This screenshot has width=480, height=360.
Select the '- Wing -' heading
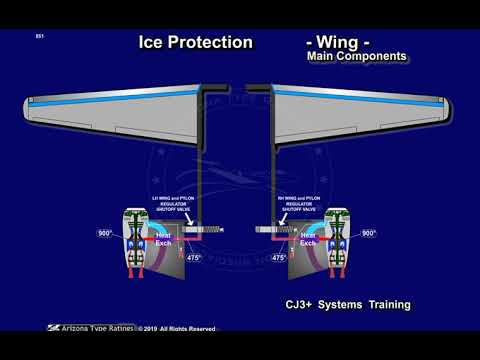(x=343, y=44)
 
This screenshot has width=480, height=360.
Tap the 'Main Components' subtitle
(x=357, y=58)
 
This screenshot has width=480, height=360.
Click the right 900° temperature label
(x=368, y=232)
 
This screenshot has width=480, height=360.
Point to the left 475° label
(x=195, y=258)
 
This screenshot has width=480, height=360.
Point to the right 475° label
(x=278, y=258)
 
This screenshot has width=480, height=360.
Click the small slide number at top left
(x=39, y=37)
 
